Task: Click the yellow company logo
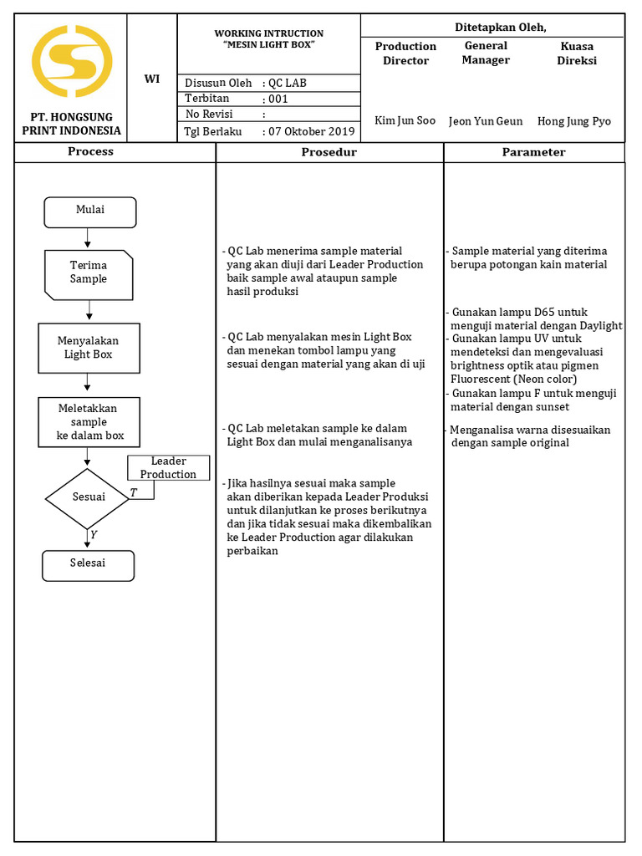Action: point(71,61)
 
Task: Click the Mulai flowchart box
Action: point(89,211)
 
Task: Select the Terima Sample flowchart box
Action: point(89,274)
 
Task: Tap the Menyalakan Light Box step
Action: point(89,348)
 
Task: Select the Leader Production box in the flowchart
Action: point(168,468)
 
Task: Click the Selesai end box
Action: point(88,564)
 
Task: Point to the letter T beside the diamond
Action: point(133,493)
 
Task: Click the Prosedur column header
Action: point(329,152)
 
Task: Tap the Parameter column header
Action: point(533,152)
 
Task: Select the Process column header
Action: point(90,152)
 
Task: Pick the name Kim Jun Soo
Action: point(405,120)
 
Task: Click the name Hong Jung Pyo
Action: point(573,120)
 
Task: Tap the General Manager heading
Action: point(486,53)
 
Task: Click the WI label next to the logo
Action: point(152,79)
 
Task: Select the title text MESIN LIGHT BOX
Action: point(268,44)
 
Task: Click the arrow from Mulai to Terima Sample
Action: point(89,238)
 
